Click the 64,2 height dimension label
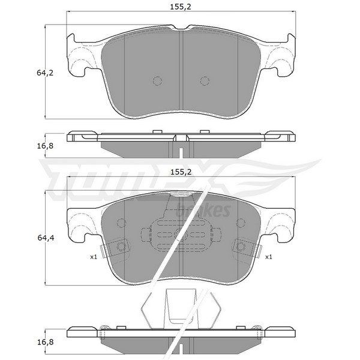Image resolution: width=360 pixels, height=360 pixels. click(x=45, y=73)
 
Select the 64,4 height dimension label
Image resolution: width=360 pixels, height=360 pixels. click(x=46, y=238)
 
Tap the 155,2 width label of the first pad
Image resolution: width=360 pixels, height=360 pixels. click(x=181, y=7)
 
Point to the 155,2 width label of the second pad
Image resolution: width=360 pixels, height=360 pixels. click(x=181, y=172)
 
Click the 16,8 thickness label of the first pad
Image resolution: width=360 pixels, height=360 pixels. click(x=45, y=146)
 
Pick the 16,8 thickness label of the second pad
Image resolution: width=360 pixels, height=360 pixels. click(x=45, y=342)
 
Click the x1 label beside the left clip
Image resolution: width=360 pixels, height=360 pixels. click(x=94, y=257)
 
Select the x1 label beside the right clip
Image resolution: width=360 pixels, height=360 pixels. click(x=268, y=257)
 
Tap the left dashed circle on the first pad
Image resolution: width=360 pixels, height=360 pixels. click(x=157, y=80)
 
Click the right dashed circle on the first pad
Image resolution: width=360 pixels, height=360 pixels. click(x=205, y=80)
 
